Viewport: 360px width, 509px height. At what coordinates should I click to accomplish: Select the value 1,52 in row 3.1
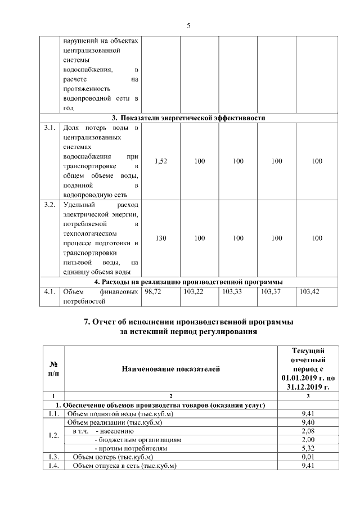(160, 161)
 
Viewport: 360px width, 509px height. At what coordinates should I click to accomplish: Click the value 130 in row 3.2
(160, 238)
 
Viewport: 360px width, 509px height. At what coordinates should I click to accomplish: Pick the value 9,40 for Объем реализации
(307, 422)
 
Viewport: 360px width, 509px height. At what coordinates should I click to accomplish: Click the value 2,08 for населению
(307, 431)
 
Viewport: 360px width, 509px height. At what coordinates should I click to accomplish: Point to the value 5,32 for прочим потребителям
(307, 448)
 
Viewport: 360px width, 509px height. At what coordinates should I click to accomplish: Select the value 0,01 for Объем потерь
(307, 457)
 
